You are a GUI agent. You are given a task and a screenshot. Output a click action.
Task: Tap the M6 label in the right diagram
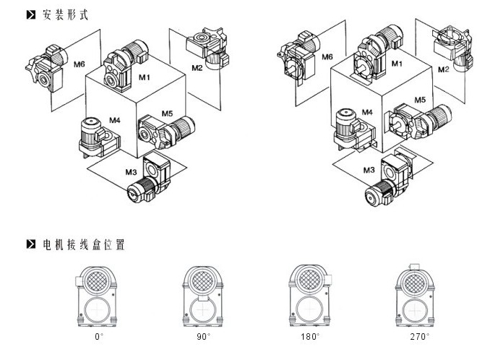click(327, 57)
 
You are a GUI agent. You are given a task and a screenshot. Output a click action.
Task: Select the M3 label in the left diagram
click(130, 171)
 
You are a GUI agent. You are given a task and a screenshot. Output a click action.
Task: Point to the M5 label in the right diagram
click(420, 100)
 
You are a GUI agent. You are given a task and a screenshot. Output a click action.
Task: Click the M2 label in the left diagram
click(197, 68)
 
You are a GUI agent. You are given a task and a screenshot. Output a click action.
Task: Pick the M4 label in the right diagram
click(366, 112)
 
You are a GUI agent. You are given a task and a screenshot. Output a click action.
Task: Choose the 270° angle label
click(419, 336)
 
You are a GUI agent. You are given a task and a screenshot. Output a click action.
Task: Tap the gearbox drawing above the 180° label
click(309, 295)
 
